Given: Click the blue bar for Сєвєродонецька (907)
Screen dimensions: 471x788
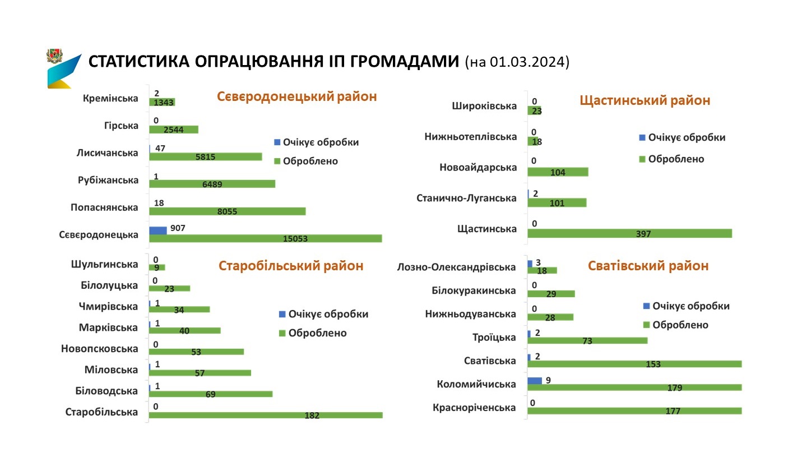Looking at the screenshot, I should tap(158, 230).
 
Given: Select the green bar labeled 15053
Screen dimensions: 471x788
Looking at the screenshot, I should tap(265, 238).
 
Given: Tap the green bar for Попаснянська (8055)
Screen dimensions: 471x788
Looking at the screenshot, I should tap(227, 211).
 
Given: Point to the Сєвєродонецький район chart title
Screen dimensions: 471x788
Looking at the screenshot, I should tap(296, 96).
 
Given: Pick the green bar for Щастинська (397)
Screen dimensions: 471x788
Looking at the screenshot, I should tap(629, 233).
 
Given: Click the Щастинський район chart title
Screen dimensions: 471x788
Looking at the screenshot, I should tap(645, 100).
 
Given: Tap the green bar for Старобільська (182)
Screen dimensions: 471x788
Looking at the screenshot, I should tap(265, 415).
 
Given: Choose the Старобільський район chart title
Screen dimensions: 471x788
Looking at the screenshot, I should tap(291, 266).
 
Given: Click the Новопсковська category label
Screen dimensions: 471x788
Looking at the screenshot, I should tap(99, 349).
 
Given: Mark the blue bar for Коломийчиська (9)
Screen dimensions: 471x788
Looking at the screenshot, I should tap(535, 381).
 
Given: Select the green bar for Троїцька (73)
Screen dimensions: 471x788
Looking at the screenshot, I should tap(587, 340).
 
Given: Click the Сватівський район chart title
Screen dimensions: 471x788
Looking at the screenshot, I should tap(648, 266).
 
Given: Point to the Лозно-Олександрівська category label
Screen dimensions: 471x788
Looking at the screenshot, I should tap(456, 267).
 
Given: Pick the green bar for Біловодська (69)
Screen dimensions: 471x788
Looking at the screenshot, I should tap(210, 394).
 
